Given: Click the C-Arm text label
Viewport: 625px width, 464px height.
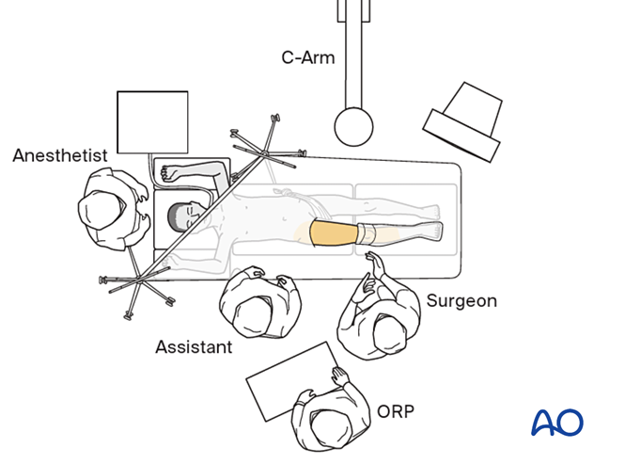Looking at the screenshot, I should pyautogui.click(x=307, y=57).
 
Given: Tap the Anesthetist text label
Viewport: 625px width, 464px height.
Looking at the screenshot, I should pyautogui.click(x=59, y=155).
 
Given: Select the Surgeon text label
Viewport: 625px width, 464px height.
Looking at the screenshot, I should pyautogui.click(x=461, y=301).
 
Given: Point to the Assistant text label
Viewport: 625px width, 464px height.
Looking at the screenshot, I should pyautogui.click(x=193, y=347).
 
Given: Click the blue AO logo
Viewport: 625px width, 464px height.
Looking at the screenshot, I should pyautogui.click(x=556, y=422).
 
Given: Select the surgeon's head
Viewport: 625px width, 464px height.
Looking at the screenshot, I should pyautogui.click(x=386, y=330).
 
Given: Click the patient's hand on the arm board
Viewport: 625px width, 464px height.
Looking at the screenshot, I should pyautogui.click(x=170, y=173).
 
